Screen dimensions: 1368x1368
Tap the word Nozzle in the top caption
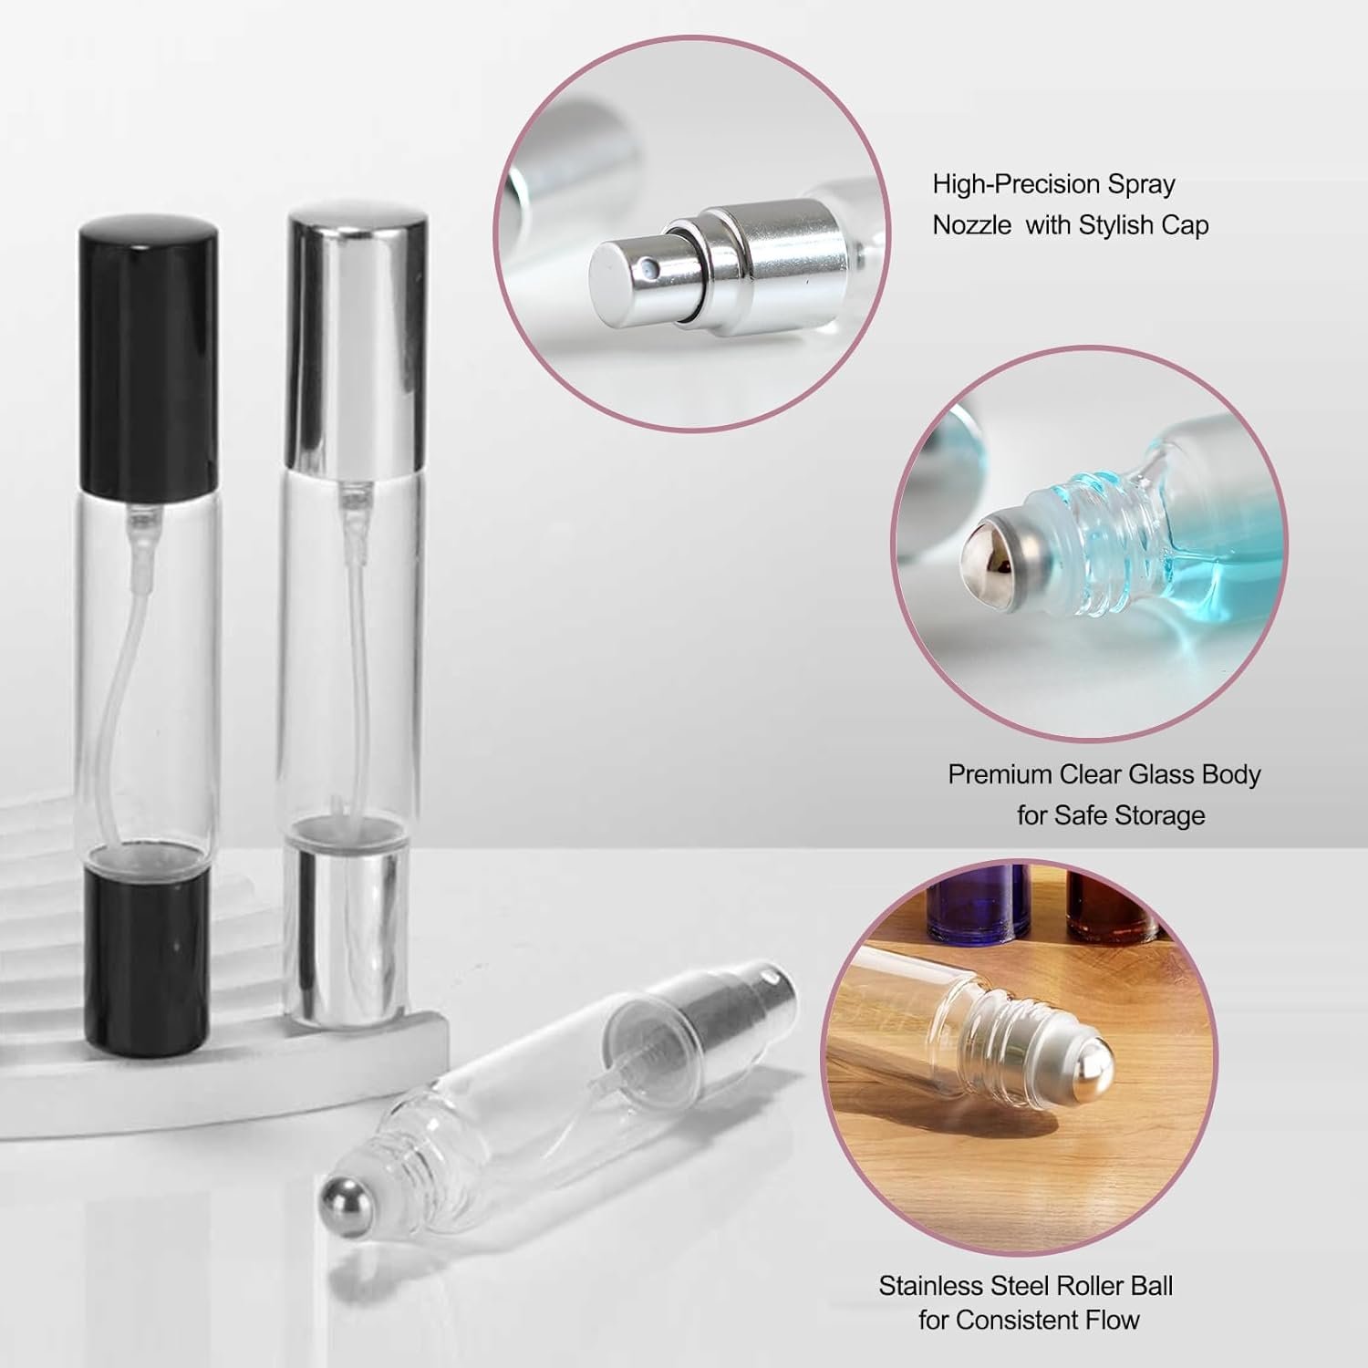(x=972, y=226)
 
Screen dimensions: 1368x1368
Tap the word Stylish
(x=1118, y=226)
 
